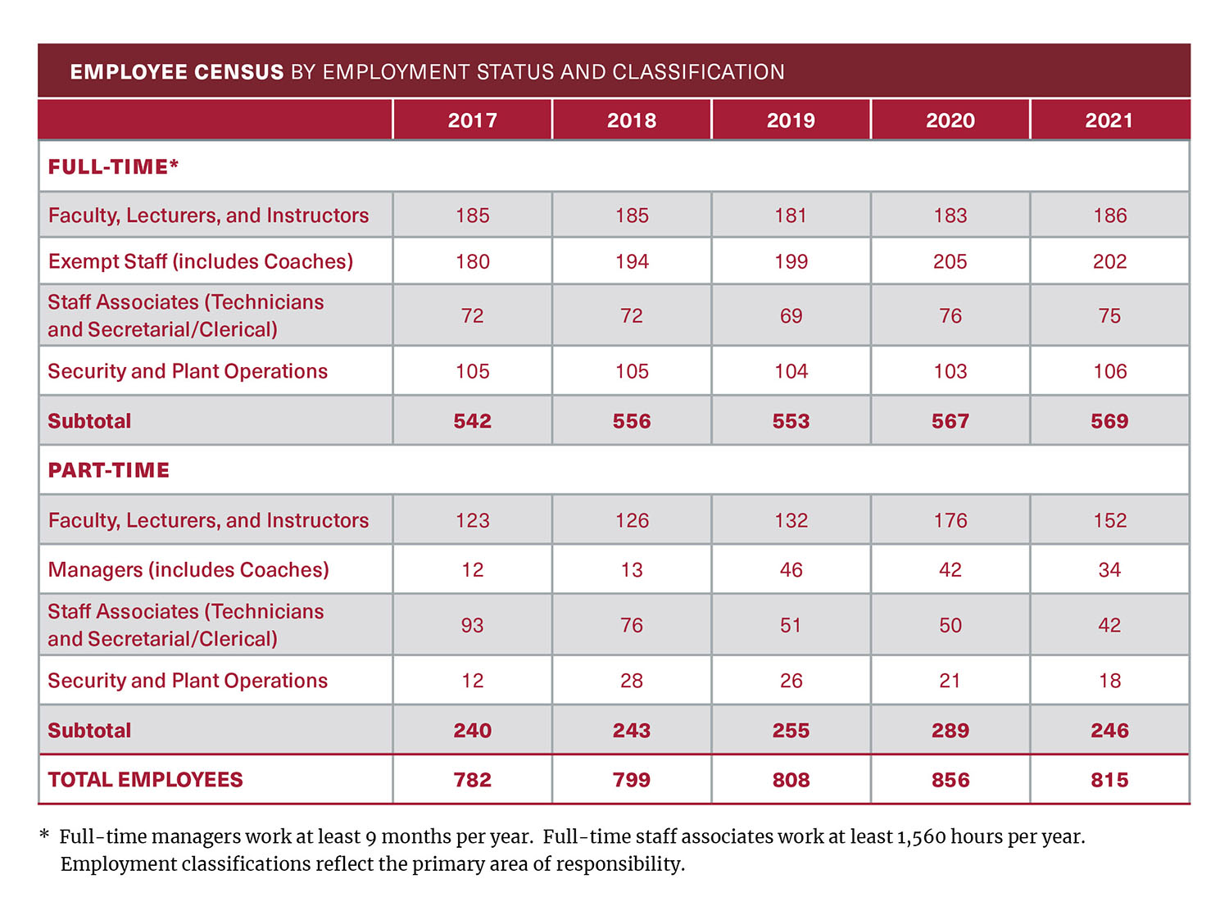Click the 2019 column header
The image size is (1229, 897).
pos(791,120)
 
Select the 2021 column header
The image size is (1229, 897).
pos(1109,120)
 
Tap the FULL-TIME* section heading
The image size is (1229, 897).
pos(113,167)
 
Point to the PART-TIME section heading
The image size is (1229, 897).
pos(109,470)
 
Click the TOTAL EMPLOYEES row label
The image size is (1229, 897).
pos(145,780)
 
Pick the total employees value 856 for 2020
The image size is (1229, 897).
pos(950,780)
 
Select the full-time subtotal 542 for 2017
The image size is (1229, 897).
pos(473,421)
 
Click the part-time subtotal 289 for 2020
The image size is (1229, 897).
pos(950,731)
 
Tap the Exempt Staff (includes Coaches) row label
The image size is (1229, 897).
pos(201,261)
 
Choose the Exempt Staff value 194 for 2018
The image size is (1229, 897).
pos(632,261)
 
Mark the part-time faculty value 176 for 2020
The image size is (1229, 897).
pos(950,520)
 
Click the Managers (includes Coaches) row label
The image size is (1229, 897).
pos(188,570)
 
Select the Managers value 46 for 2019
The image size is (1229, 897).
pos(791,570)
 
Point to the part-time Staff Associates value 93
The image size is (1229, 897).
pos(473,626)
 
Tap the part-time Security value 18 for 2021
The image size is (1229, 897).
pos(1109,681)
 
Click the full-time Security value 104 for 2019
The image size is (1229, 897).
pos(791,372)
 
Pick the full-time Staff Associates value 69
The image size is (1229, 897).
pos(791,316)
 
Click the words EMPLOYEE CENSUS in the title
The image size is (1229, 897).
pos(177,72)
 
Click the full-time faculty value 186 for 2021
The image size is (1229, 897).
pos(1109,215)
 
